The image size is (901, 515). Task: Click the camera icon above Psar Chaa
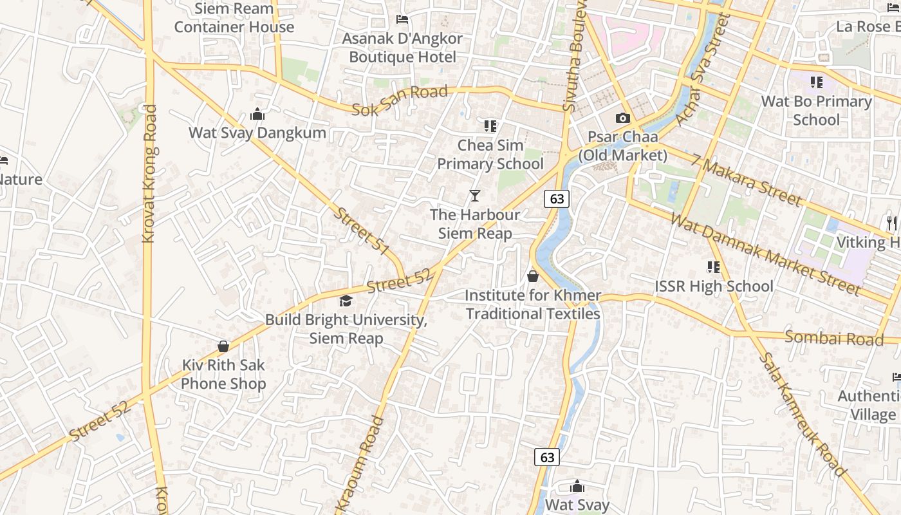pos(622,118)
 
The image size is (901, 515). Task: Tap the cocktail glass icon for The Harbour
pos(475,195)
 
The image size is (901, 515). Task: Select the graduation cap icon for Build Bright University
pos(346,301)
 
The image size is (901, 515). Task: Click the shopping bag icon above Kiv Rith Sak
pos(223,346)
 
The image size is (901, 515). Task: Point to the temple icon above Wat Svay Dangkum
pos(257,115)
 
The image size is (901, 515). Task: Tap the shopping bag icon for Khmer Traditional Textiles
pos(533,276)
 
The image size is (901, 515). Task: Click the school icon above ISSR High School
pos(713,267)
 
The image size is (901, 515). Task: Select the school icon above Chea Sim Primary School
pos(490,126)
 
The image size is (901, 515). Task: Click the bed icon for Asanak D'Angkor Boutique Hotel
pos(402,19)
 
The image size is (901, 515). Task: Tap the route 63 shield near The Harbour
pos(557,199)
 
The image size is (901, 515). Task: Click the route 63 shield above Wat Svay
pos(547,458)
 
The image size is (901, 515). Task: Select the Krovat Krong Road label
pos(149,174)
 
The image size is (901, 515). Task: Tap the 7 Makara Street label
pos(747,180)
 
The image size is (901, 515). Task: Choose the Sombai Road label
pos(834,338)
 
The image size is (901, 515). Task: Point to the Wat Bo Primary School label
pos(816,111)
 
